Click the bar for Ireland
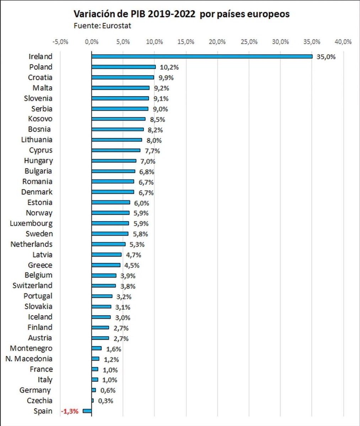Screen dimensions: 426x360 tap(202, 56)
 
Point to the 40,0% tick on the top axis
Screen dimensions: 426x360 tap(343, 42)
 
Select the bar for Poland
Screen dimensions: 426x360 tap(123, 67)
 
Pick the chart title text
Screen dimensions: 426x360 tap(181, 15)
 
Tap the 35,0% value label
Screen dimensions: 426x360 tap(326, 57)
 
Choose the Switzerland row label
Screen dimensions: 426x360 tap(32, 285)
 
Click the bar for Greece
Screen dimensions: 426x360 tap(106, 265)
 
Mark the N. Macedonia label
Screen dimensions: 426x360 tap(29, 359)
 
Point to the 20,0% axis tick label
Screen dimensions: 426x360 tap(217, 42)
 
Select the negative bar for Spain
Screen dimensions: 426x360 tap(87, 411)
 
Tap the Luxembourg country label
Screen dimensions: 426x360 tap(32, 223)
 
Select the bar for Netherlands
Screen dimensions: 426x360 tap(108, 244)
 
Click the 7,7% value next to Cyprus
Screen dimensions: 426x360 tap(152, 151)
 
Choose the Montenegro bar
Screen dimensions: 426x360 tap(97, 348)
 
